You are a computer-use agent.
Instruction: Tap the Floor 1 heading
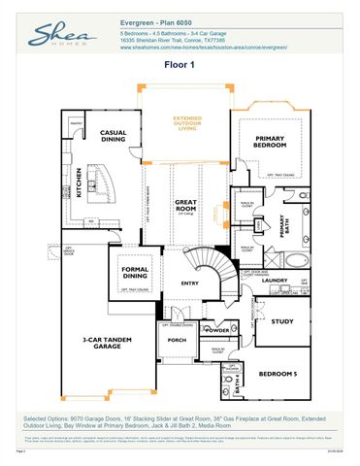click(180, 65)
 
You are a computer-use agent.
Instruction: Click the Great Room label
click(185, 207)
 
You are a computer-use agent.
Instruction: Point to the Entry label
click(188, 283)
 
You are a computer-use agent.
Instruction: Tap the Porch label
click(177, 340)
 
